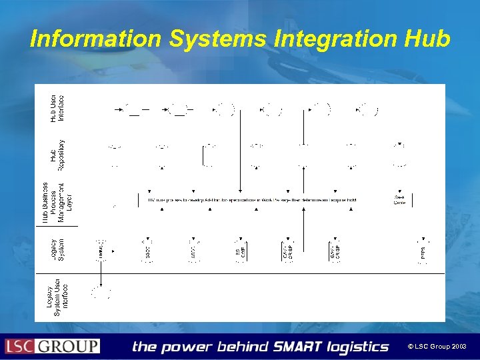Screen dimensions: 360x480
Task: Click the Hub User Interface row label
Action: click(x=57, y=109)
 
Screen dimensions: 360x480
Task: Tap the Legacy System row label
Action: click(x=57, y=246)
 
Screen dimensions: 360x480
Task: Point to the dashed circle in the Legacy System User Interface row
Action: click(x=101, y=292)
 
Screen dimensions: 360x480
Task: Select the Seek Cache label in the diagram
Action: click(x=399, y=200)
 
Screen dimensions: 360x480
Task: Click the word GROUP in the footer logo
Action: click(x=68, y=347)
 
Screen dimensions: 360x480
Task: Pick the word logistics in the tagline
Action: click(x=358, y=347)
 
